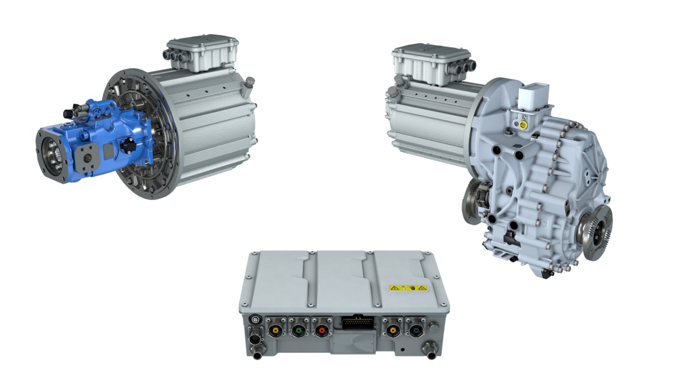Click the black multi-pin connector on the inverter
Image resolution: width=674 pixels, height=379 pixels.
(358, 322)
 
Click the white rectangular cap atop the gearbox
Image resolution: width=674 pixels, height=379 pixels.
(534, 98)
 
